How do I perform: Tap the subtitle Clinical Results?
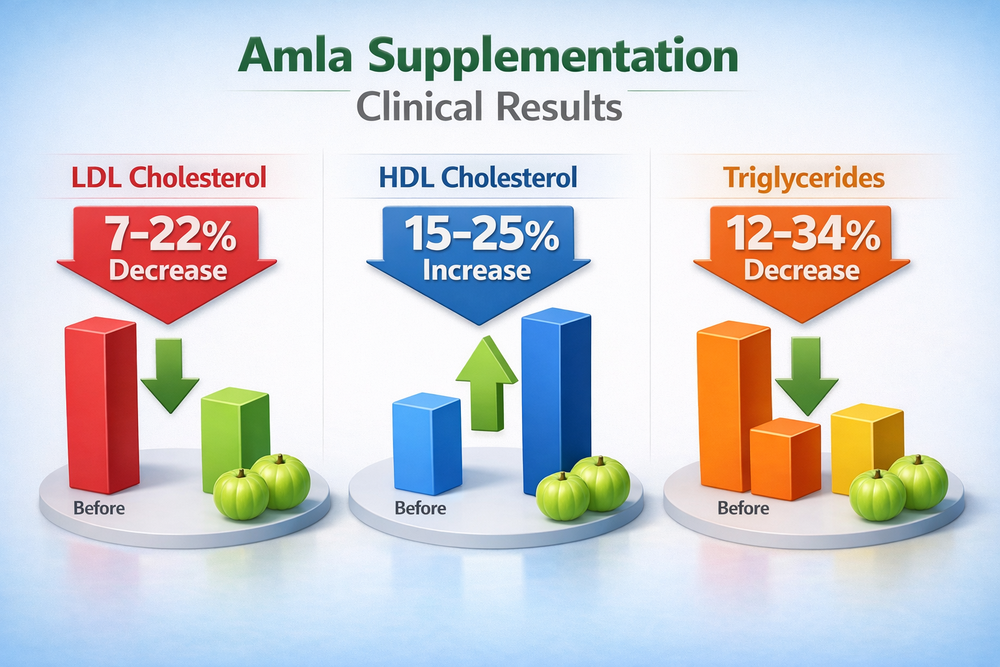[489, 106]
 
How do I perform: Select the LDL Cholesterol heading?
[169, 177]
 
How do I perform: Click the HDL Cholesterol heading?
[478, 177]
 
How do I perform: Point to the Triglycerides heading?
[804, 177]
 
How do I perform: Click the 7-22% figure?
[171, 234]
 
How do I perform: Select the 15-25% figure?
[481, 234]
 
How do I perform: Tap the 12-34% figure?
[803, 234]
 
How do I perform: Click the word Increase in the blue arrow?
[477, 270]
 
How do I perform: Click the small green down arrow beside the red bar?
[170, 378]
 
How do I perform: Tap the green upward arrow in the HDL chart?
[487, 384]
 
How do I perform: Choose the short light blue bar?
[426, 446]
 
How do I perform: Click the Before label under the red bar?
[99, 508]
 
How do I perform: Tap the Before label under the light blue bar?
[421, 508]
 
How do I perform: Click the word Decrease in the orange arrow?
[801, 270]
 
